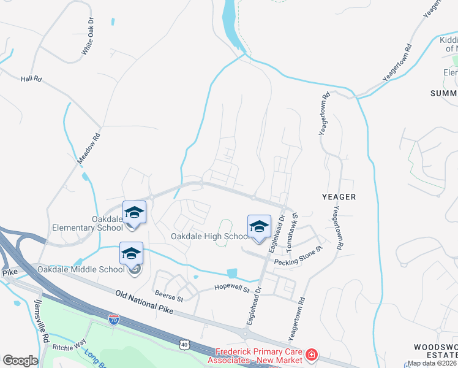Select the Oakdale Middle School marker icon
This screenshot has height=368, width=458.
tap(131, 253)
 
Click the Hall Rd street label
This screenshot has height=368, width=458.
tap(30, 79)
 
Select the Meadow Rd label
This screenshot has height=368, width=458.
tap(88, 149)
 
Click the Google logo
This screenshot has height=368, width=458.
tap(20, 360)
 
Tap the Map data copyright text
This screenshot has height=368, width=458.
tap(432, 363)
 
